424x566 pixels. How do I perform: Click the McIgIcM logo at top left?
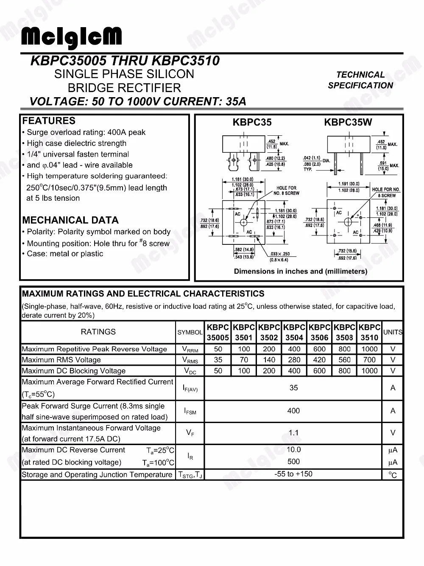point(71,37)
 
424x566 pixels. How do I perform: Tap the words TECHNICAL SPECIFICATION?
point(360,80)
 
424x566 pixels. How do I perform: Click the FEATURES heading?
point(49,121)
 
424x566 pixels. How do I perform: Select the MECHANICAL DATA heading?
point(70,220)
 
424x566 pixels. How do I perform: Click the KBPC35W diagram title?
point(348,123)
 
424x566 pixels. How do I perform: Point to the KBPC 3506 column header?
point(319,332)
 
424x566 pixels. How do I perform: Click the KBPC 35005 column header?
point(218,332)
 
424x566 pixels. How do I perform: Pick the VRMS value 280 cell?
point(294,360)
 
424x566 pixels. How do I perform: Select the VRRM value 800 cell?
point(344,349)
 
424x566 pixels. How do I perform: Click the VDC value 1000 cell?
point(369,370)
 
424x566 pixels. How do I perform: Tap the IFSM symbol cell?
point(190,411)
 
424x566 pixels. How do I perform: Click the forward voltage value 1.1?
point(293,433)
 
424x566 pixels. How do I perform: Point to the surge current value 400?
point(293,411)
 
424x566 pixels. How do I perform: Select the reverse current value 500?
point(293,462)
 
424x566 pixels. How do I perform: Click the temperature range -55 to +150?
point(293,474)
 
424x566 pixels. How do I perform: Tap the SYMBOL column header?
point(190,332)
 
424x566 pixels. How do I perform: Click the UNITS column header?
point(393,332)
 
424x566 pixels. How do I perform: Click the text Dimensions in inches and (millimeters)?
point(301,272)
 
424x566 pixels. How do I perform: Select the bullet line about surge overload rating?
point(86,132)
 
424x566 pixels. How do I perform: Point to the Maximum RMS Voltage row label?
point(61,360)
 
